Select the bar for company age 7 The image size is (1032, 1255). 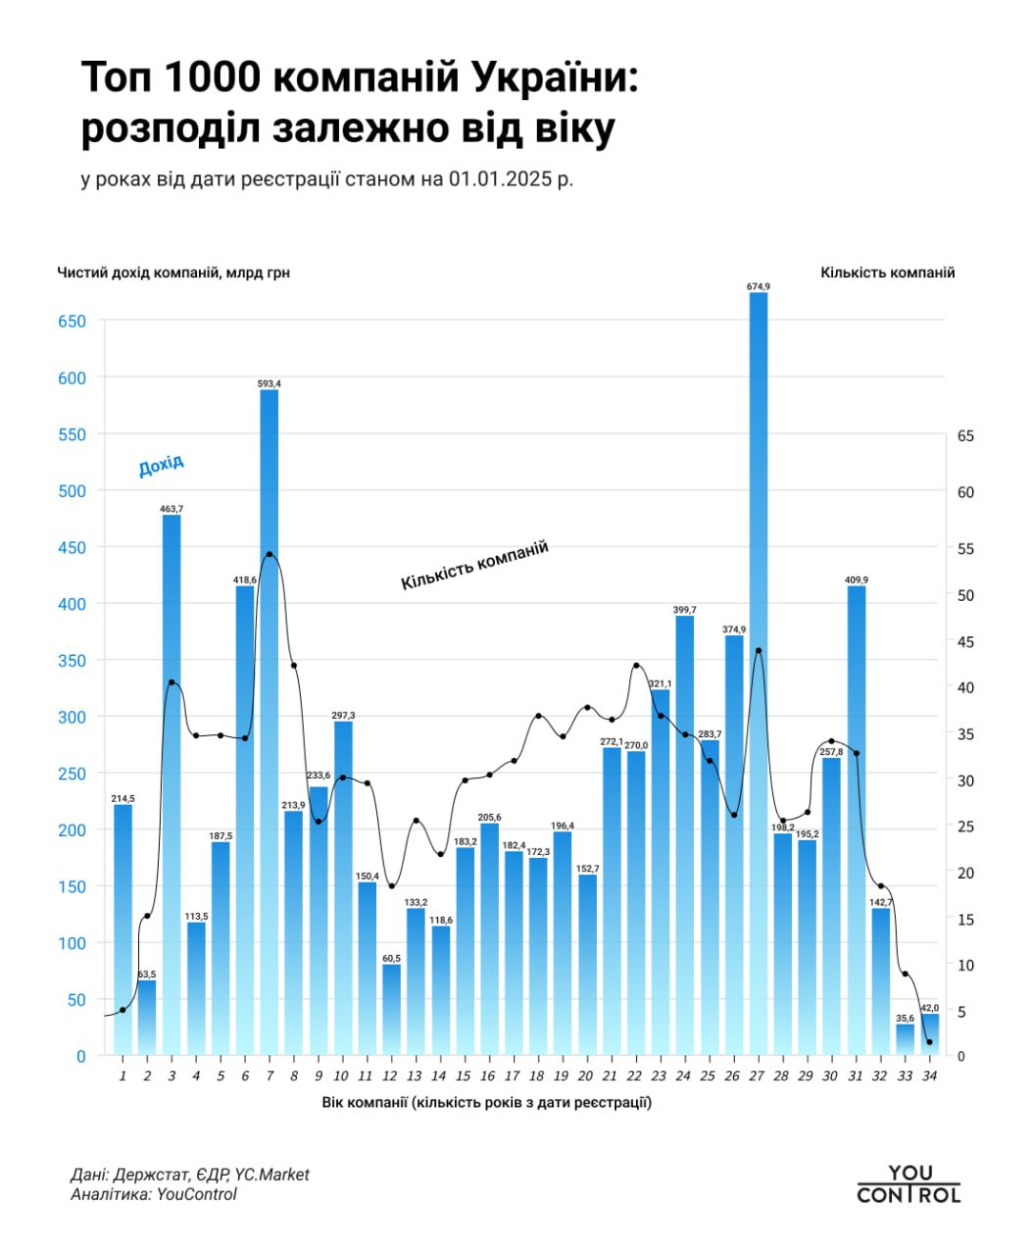coord(270,726)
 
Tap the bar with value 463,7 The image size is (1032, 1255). coord(172,784)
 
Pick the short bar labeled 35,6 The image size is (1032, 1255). coord(905,1039)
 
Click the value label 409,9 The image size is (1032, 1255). coord(857,579)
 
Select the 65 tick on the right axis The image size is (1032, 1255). coord(965,436)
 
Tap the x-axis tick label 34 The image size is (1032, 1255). coord(929,1077)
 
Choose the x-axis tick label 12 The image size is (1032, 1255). coord(391,1077)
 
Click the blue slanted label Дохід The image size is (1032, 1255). coord(161,466)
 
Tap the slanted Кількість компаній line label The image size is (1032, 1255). coord(474,566)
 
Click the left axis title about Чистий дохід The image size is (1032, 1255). coord(173,273)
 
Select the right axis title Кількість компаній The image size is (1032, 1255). coord(887,273)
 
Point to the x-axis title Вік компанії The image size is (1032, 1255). coord(486,1102)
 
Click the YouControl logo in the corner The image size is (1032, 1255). coord(909,1184)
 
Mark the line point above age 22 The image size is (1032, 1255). coord(636,666)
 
